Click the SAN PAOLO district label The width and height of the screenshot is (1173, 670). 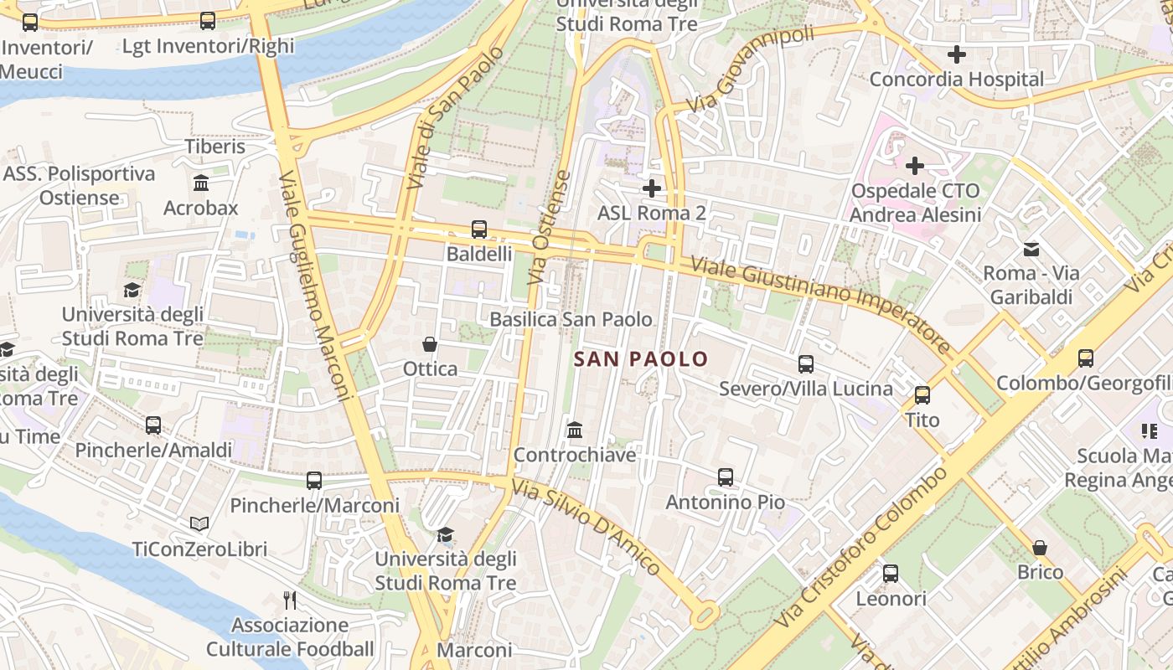click(x=641, y=359)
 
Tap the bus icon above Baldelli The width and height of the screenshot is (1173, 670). click(x=479, y=229)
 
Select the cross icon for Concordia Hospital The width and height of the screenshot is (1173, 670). click(x=956, y=55)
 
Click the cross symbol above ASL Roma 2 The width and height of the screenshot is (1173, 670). click(x=652, y=188)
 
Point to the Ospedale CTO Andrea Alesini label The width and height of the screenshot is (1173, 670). click(x=915, y=203)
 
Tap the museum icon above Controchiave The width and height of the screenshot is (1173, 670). click(x=575, y=430)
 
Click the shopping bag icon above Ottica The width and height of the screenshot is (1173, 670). click(x=430, y=344)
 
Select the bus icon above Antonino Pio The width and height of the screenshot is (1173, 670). click(x=726, y=477)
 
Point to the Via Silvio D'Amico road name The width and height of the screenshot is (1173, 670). click(x=586, y=528)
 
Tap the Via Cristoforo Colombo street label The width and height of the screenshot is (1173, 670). click(x=863, y=549)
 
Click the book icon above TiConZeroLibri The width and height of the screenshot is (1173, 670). click(x=199, y=524)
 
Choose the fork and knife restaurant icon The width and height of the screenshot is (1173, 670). click(x=290, y=600)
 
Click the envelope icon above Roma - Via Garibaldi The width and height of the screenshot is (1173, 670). click(x=1031, y=249)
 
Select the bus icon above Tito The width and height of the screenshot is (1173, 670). click(x=922, y=395)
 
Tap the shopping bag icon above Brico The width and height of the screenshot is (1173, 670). click(x=1040, y=548)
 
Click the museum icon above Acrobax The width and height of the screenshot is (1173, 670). click(x=201, y=183)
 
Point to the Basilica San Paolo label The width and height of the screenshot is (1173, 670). click(x=571, y=319)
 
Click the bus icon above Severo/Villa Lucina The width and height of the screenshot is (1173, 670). click(x=806, y=364)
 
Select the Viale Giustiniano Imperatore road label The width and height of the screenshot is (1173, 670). click(x=821, y=306)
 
